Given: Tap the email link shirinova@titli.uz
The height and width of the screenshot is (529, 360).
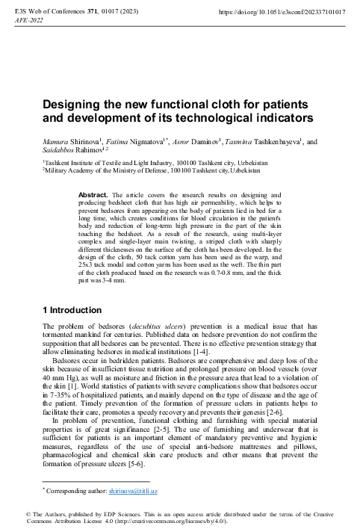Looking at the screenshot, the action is pyautogui.click(x=134, y=492).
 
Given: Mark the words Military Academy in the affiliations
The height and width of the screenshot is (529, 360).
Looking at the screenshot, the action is pyautogui.click(x=73, y=170).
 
